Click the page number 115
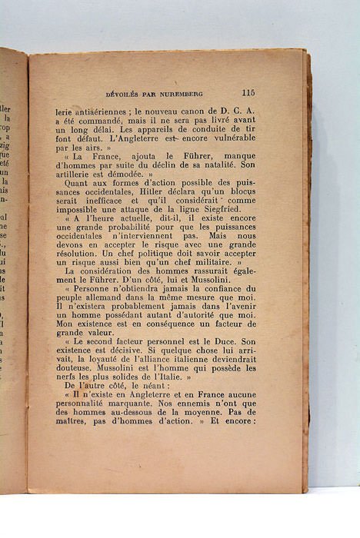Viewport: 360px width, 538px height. pos(248,92)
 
